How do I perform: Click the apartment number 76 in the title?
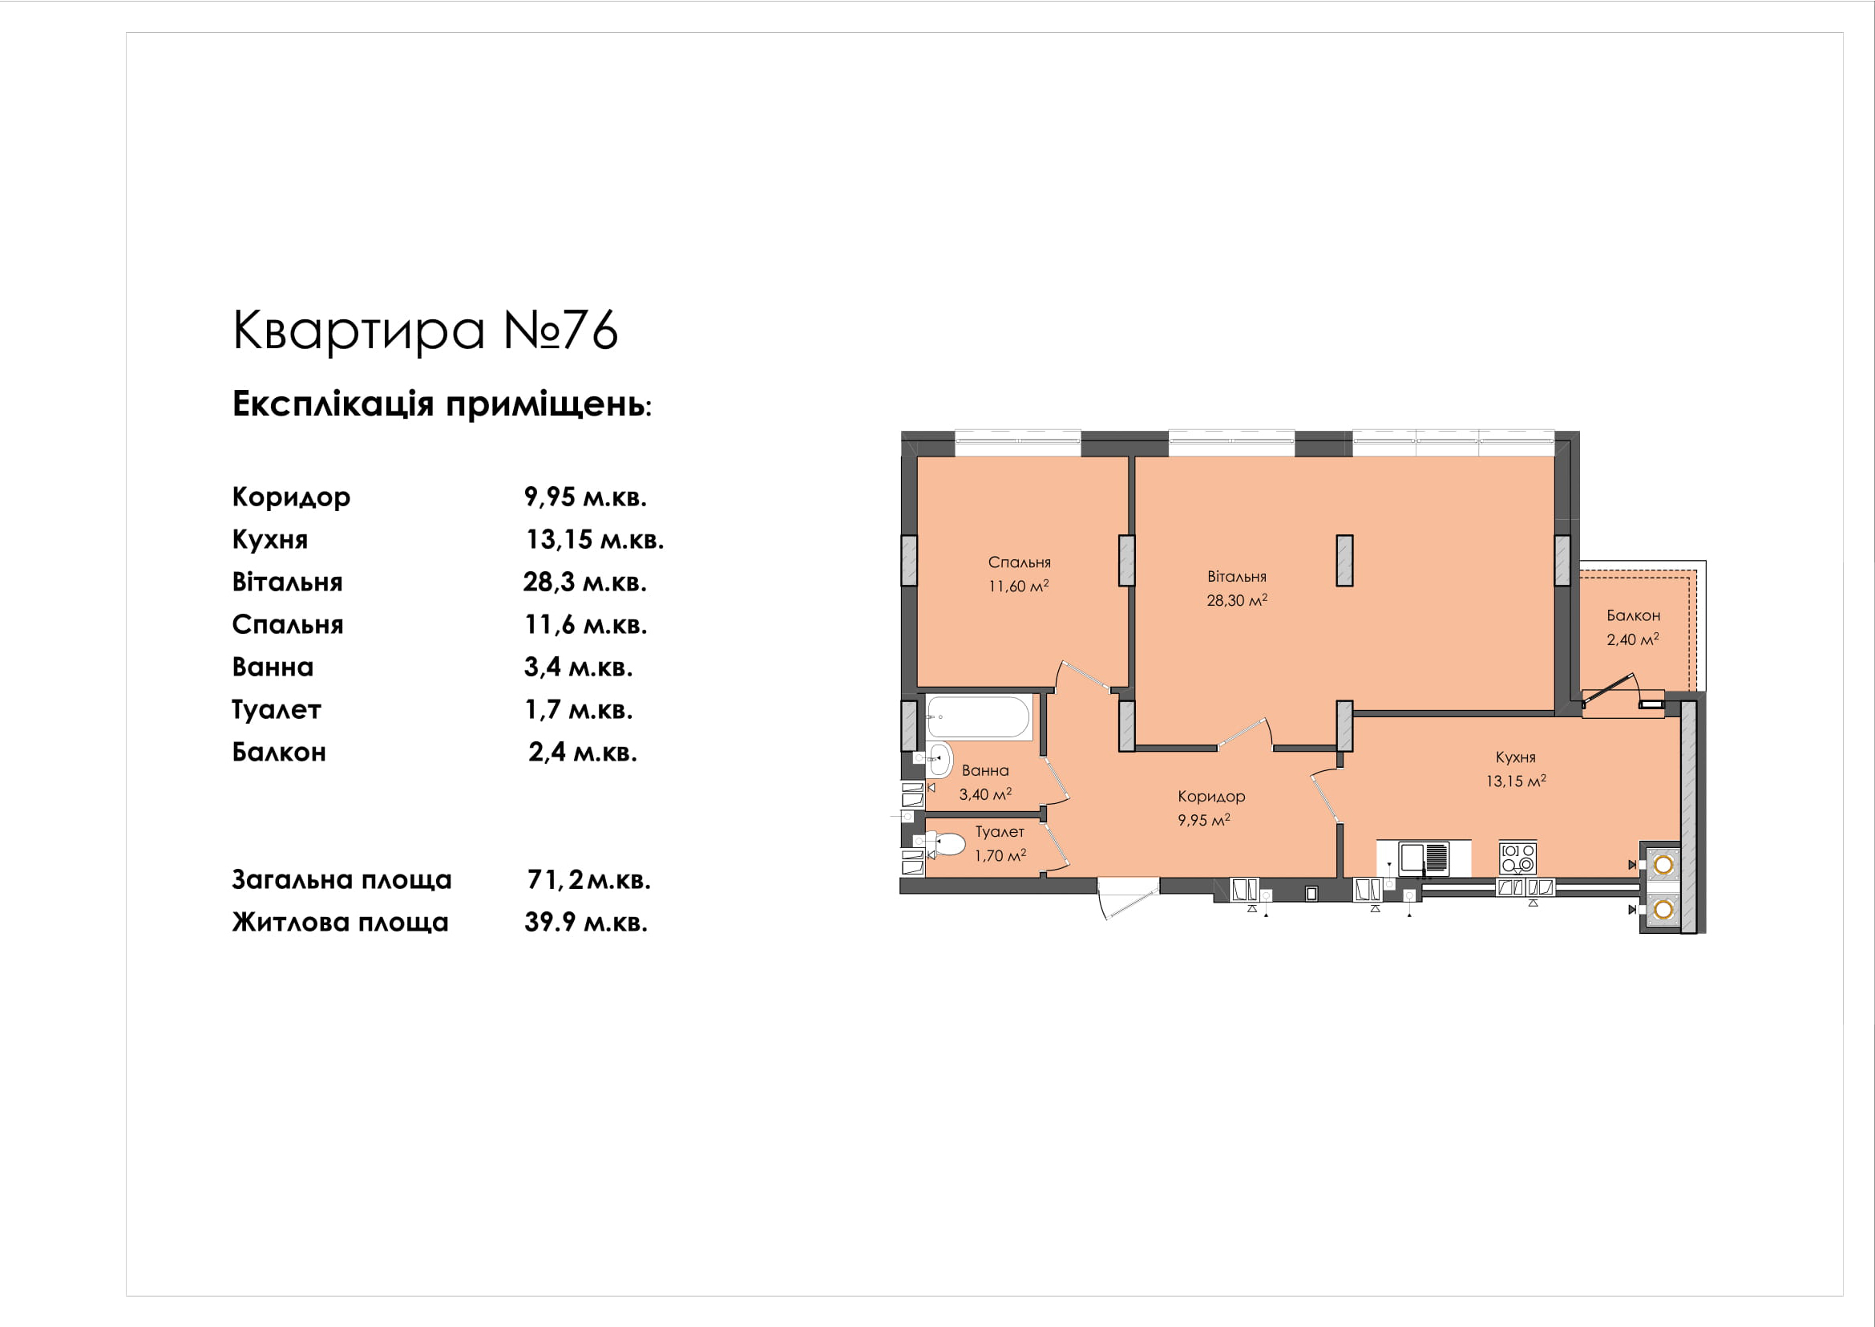[x=591, y=330]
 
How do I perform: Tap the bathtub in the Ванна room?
[x=978, y=716]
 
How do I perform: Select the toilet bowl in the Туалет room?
[x=947, y=843]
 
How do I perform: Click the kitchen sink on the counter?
[x=1424, y=858]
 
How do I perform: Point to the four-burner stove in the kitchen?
[x=1518, y=858]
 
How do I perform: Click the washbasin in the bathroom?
[x=940, y=759]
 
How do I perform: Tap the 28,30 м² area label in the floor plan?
[x=1237, y=600]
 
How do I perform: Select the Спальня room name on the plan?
[x=1019, y=562]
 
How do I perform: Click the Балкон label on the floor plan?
[x=1633, y=615]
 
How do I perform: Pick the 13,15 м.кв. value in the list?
[x=595, y=539]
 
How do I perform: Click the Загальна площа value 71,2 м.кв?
[x=589, y=880]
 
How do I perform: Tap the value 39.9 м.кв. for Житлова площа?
[x=585, y=923]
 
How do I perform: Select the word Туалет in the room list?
[x=276, y=709]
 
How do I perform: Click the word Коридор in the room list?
[x=291, y=497]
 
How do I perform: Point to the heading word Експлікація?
[x=333, y=404]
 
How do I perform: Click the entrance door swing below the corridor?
[x=1128, y=898]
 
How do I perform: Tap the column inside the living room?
[x=1345, y=561]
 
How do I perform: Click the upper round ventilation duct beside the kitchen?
[x=1663, y=865]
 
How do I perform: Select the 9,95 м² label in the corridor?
[x=1204, y=820]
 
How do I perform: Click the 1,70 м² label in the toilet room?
[x=1000, y=855]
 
